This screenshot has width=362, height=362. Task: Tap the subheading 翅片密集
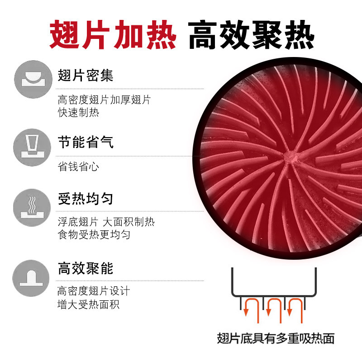(x=86, y=75)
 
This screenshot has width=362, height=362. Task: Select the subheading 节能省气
(x=86, y=143)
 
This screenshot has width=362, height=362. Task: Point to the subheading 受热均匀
(x=86, y=199)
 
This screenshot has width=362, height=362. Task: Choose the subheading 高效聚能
(x=86, y=269)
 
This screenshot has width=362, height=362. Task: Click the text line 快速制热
(x=78, y=113)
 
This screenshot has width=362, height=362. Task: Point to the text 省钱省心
(x=78, y=167)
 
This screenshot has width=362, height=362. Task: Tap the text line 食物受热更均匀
(x=94, y=235)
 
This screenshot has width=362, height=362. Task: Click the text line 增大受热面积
(x=88, y=305)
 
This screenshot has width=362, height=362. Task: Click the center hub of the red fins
(x=290, y=157)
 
